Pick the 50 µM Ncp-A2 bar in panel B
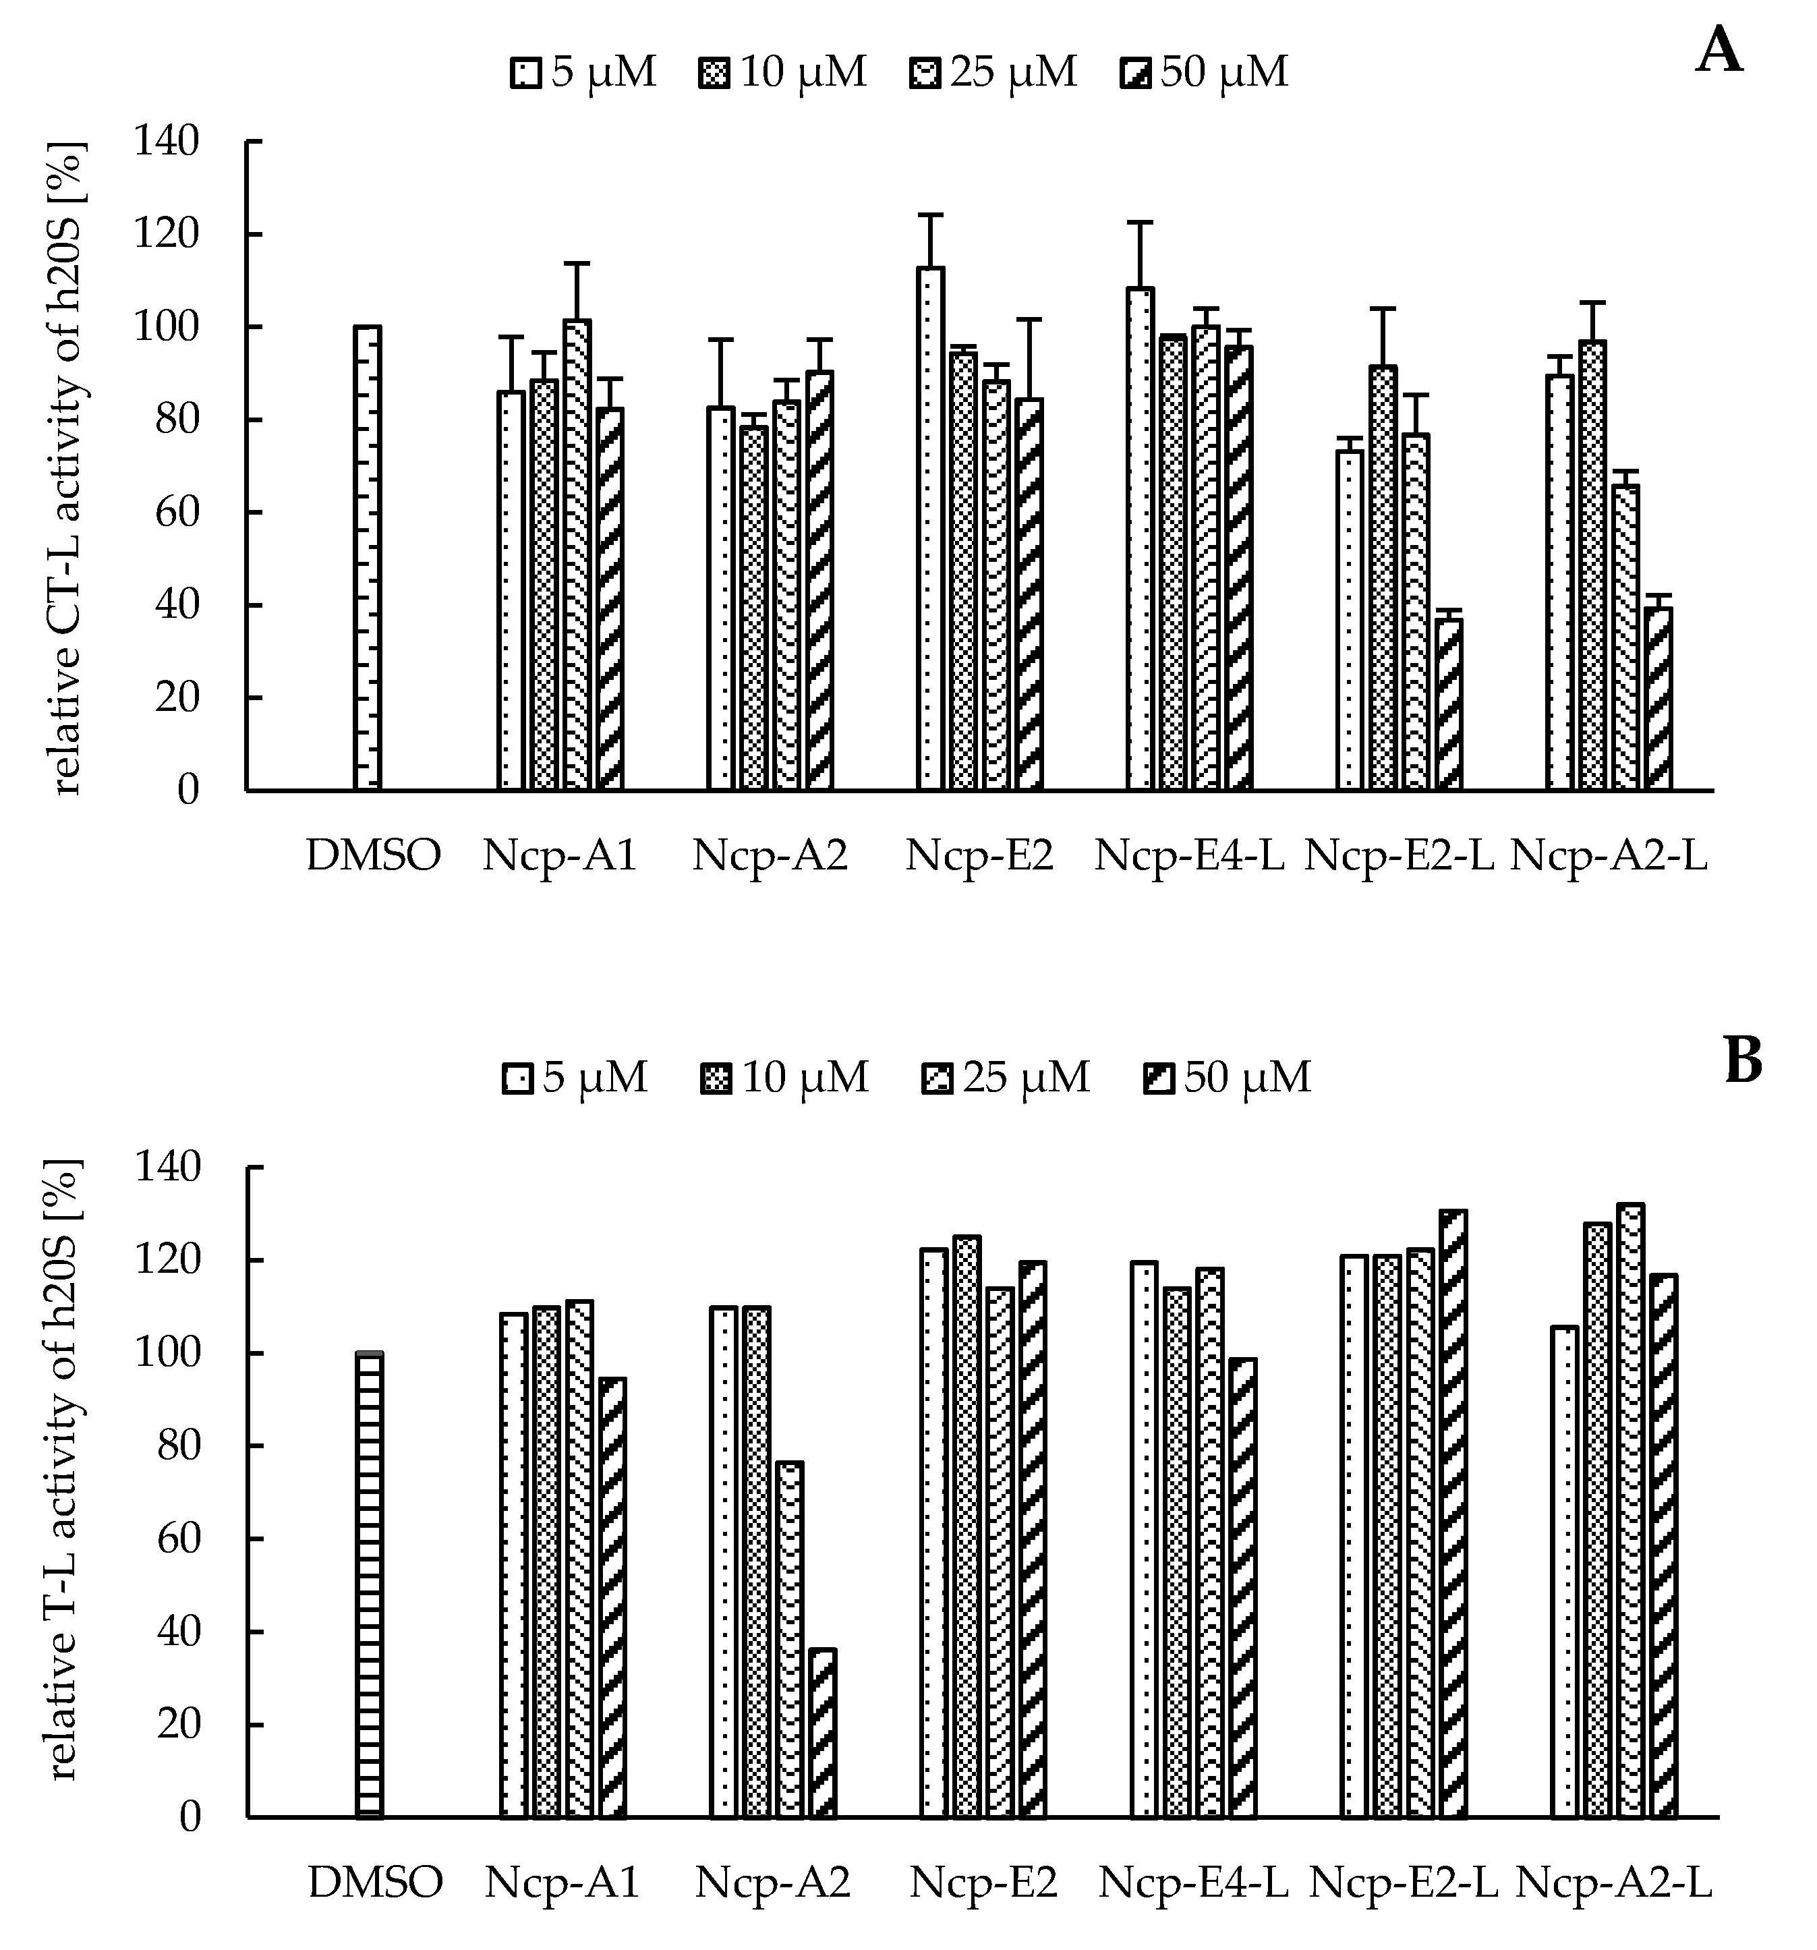(x=821, y=1732)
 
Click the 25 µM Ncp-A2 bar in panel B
(x=789, y=1639)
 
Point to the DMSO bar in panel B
(x=370, y=1584)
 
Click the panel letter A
(x=1719, y=51)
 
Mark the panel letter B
(x=1743, y=1061)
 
